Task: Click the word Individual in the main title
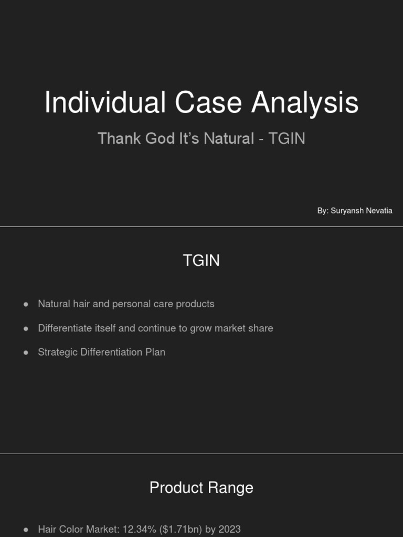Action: (105, 103)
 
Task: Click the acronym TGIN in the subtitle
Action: (287, 138)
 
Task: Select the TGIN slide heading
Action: (201, 261)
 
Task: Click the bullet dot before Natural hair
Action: (26, 305)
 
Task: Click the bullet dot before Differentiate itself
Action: (26, 329)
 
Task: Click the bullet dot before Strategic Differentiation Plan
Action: (26, 353)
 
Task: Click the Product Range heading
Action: (201, 488)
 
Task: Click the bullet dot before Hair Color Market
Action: (26, 530)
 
